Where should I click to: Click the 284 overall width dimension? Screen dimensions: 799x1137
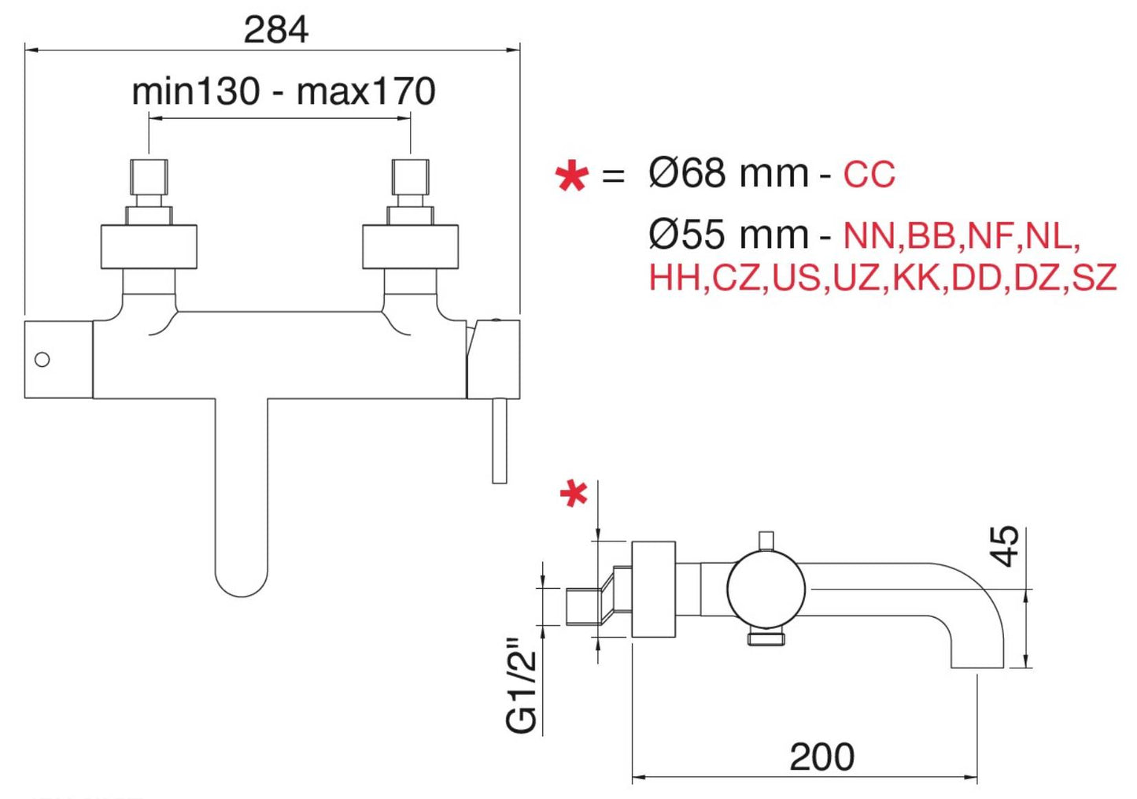point(275,30)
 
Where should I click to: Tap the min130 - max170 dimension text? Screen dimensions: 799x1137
point(283,91)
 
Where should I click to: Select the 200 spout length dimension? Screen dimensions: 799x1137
point(821,756)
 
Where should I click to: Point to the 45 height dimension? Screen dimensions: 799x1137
point(1005,546)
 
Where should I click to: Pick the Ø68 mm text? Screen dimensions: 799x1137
point(728,173)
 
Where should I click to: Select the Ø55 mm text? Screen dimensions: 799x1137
point(728,235)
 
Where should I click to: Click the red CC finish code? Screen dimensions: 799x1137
point(869,175)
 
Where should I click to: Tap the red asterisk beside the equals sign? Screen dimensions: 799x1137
point(571,176)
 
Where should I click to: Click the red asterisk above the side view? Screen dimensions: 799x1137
point(574,494)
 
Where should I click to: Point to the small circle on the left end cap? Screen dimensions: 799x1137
point(42,360)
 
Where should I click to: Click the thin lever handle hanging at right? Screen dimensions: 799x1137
point(499,441)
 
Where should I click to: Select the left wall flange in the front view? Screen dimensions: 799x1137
point(149,246)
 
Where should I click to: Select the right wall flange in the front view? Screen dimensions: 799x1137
point(410,246)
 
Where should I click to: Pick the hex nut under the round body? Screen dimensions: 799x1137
point(766,637)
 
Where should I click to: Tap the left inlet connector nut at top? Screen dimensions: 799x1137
point(149,176)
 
